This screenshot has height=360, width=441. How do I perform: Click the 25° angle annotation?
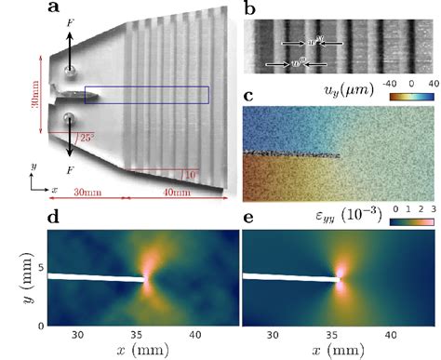[87, 138]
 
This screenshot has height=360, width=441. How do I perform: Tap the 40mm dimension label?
[176, 192]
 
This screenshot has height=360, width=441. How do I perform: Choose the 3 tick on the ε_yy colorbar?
[432, 209]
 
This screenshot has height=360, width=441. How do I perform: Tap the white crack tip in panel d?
[146, 278]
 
